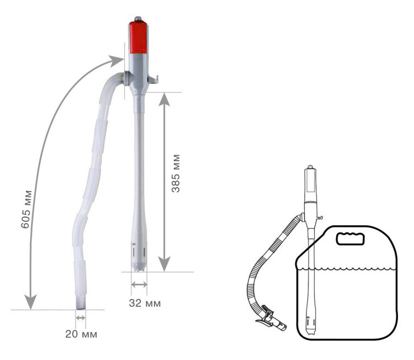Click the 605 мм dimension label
26,209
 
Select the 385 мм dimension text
176,173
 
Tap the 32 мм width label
145,303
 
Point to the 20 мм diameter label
81,334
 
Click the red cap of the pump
139,37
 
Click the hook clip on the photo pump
153,79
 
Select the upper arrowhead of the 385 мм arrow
164,99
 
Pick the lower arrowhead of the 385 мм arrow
164,264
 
